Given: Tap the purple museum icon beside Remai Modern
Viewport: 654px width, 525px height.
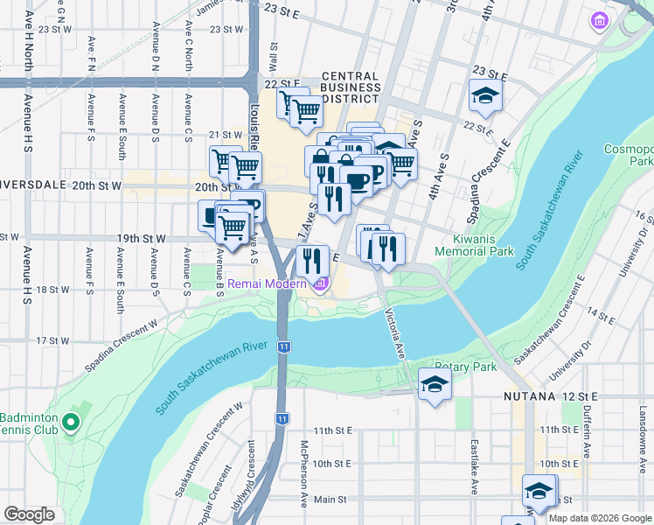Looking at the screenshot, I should (322, 283).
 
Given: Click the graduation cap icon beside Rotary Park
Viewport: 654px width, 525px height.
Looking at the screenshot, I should (435, 385).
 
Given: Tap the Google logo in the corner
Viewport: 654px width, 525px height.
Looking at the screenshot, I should (29, 514).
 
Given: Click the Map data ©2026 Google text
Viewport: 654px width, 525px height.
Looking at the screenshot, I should (599, 518).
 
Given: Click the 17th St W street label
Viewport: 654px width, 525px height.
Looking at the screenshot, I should (52, 340).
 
